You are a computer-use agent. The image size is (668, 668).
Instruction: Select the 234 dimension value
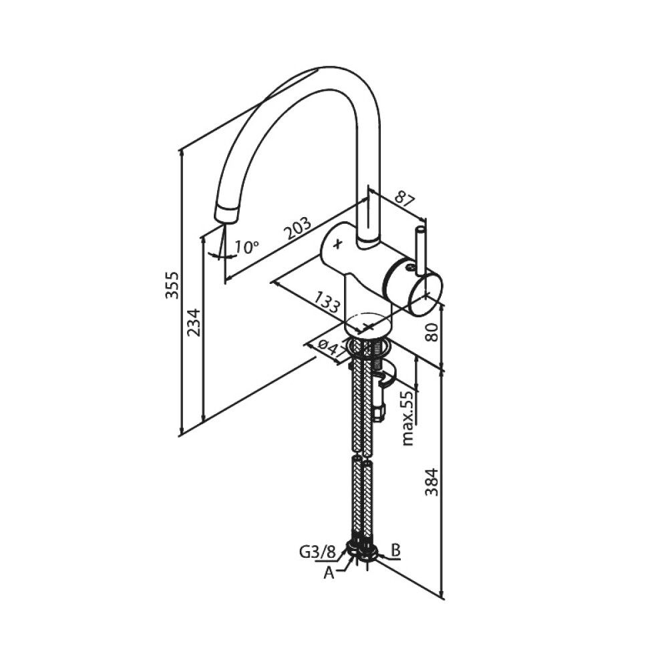click(194, 323)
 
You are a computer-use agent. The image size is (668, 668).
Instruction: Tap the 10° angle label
click(246, 247)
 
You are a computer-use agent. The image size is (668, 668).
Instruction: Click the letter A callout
click(329, 572)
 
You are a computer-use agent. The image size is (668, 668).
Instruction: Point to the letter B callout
click(395, 550)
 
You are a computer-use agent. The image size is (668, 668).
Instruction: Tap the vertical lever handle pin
click(420, 250)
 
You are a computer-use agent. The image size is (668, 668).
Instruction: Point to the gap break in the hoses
click(361, 457)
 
